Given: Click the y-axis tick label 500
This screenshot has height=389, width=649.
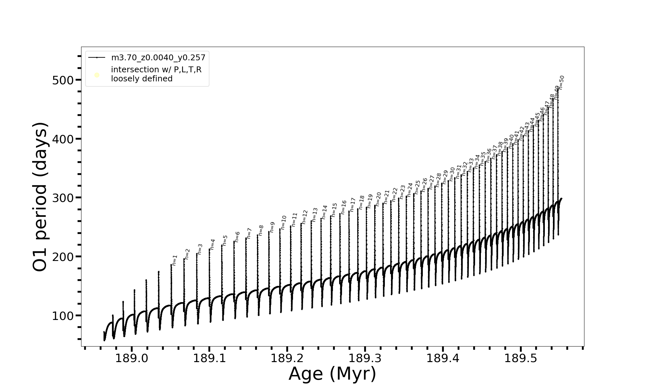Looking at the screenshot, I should pos(63,80).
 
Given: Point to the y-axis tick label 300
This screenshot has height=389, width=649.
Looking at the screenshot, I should pos(63,198).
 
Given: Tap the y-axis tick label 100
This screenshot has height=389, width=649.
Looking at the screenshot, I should pos(63,316).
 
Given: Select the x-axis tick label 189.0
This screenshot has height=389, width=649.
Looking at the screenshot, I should pos(131,358).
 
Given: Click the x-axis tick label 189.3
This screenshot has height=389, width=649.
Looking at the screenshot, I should pos(365,358).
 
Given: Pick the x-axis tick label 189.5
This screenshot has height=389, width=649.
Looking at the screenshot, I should pos(521,358).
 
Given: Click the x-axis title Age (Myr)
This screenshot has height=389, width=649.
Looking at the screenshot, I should pos(332,374).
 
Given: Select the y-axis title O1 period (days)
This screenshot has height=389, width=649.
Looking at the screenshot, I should pos(40,197).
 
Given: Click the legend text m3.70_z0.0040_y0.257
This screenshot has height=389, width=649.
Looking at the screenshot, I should pos(158,58).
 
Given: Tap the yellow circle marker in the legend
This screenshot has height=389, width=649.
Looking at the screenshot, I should pos(97,75).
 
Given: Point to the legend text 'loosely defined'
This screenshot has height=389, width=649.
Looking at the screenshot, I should pos(142,79).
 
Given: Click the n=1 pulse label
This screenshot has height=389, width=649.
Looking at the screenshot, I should pos(175,260).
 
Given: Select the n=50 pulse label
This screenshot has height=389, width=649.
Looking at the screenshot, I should pos(562,82).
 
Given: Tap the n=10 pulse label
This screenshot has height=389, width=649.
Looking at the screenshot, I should pos(283,222).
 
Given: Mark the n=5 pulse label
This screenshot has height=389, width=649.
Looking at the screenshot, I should pos(225,241).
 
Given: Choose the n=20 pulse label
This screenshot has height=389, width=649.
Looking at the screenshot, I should pos(378,199).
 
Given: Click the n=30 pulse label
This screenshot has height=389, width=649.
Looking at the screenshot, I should pos(452,174).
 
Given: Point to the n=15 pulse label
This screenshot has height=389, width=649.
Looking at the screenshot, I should pos(334,210).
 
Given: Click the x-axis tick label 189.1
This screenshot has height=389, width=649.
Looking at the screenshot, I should pos(209,358).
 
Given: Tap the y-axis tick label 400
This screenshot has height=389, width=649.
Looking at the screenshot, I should pos(63,139).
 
